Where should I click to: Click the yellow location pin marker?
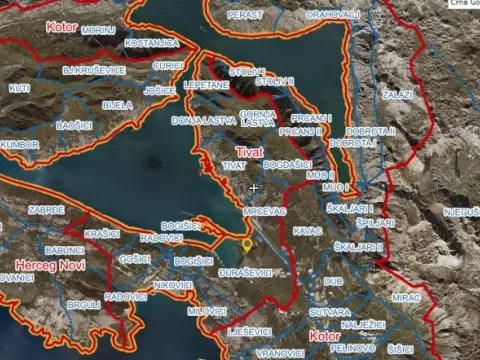[x=247, y=244]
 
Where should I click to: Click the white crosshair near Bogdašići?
[x=254, y=188]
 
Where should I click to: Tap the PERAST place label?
[x=245, y=15]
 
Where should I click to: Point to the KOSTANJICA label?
[x=152, y=45]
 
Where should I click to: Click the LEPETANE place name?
[x=206, y=87]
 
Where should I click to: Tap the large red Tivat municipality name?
[x=247, y=149]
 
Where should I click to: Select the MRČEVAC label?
[x=264, y=212]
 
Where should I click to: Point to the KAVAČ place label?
[x=308, y=231]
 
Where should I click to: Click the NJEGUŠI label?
[x=461, y=212]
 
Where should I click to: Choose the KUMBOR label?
[x=20, y=144]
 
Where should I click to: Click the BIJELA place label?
[x=117, y=105]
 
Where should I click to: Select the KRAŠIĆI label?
[x=103, y=233]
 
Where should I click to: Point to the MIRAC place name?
[x=406, y=298]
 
